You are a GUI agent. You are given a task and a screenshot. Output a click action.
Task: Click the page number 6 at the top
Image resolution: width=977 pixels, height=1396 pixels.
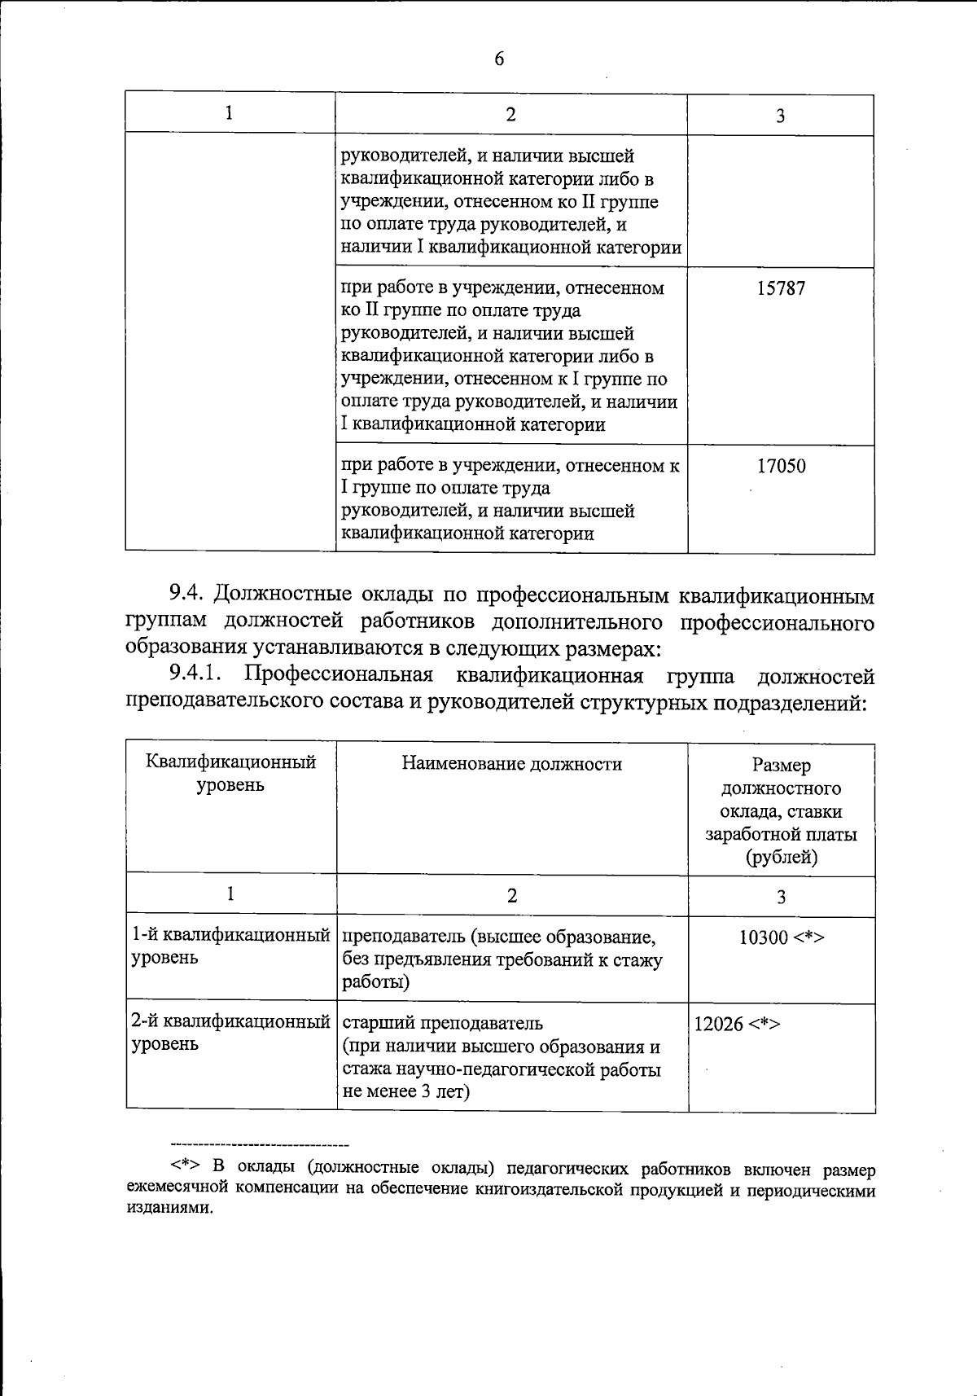click(x=499, y=59)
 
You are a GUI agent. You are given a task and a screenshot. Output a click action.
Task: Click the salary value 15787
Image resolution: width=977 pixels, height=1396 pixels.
click(x=781, y=289)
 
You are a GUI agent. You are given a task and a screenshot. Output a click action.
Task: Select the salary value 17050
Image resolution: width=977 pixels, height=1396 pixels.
click(x=781, y=467)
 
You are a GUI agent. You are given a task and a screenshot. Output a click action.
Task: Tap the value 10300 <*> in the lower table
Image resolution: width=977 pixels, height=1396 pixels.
click(x=781, y=937)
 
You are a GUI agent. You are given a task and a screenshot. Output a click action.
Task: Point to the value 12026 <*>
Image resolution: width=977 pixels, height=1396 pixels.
click(x=737, y=1024)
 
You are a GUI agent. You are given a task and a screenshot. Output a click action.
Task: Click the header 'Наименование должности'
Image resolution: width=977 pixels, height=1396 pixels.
click(x=511, y=764)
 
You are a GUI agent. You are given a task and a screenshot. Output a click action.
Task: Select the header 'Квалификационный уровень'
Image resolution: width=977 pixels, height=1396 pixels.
click(x=230, y=774)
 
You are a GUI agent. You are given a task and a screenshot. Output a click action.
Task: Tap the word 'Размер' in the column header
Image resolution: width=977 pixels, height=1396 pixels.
click(x=781, y=766)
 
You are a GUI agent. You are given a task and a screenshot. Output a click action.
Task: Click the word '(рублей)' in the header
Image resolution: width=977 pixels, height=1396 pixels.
click(x=781, y=857)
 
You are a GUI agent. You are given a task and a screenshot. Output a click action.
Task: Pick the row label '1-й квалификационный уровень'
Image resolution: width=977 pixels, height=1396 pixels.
click(x=230, y=946)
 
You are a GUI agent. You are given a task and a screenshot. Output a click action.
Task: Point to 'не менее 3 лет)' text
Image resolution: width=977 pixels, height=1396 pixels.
click(x=406, y=1091)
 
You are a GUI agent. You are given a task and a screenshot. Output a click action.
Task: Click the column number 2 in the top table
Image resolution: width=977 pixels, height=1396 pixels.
click(x=510, y=115)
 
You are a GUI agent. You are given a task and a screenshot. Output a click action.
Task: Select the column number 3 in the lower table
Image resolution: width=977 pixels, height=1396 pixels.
click(x=781, y=897)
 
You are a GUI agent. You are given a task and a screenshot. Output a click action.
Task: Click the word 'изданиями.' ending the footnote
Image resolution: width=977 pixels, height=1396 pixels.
click(x=169, y=1209)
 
